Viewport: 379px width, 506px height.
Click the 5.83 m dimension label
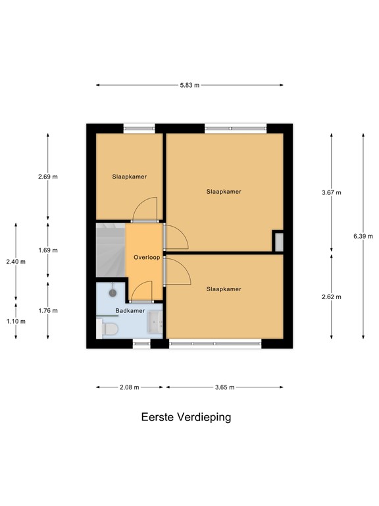tap(190, 85)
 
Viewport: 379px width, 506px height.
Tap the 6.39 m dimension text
tap(363, 237)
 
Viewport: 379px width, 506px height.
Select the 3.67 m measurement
tap(332, 192)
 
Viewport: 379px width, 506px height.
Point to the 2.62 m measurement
tap(332, 296)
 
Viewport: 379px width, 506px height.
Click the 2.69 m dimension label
tap(48, 177)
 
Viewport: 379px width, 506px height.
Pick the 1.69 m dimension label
tap(48, 250)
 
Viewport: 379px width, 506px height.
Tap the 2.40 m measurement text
tap(16, 262)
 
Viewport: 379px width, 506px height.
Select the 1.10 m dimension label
tap(16, 321)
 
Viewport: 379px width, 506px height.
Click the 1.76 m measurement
tap(48, 310)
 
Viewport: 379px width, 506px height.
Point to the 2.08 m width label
tap(129, 387)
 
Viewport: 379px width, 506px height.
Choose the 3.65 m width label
tap(224, 387)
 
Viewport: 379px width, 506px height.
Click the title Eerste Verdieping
tap(186, 417)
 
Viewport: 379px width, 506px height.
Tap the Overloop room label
tap(146, 257)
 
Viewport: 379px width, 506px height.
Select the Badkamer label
tap(130, 310)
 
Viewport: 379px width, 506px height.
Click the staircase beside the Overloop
tap(110, 250)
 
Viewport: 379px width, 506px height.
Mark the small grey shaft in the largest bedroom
tap(278, 241)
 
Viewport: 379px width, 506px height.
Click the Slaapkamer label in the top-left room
tap(129, 177)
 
